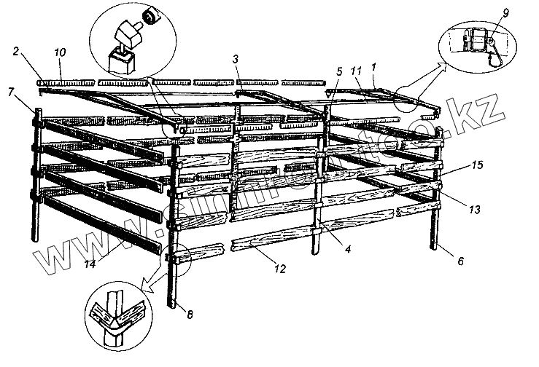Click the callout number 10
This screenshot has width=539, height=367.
tap(61, 52)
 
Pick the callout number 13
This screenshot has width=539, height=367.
tap(474, 210)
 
